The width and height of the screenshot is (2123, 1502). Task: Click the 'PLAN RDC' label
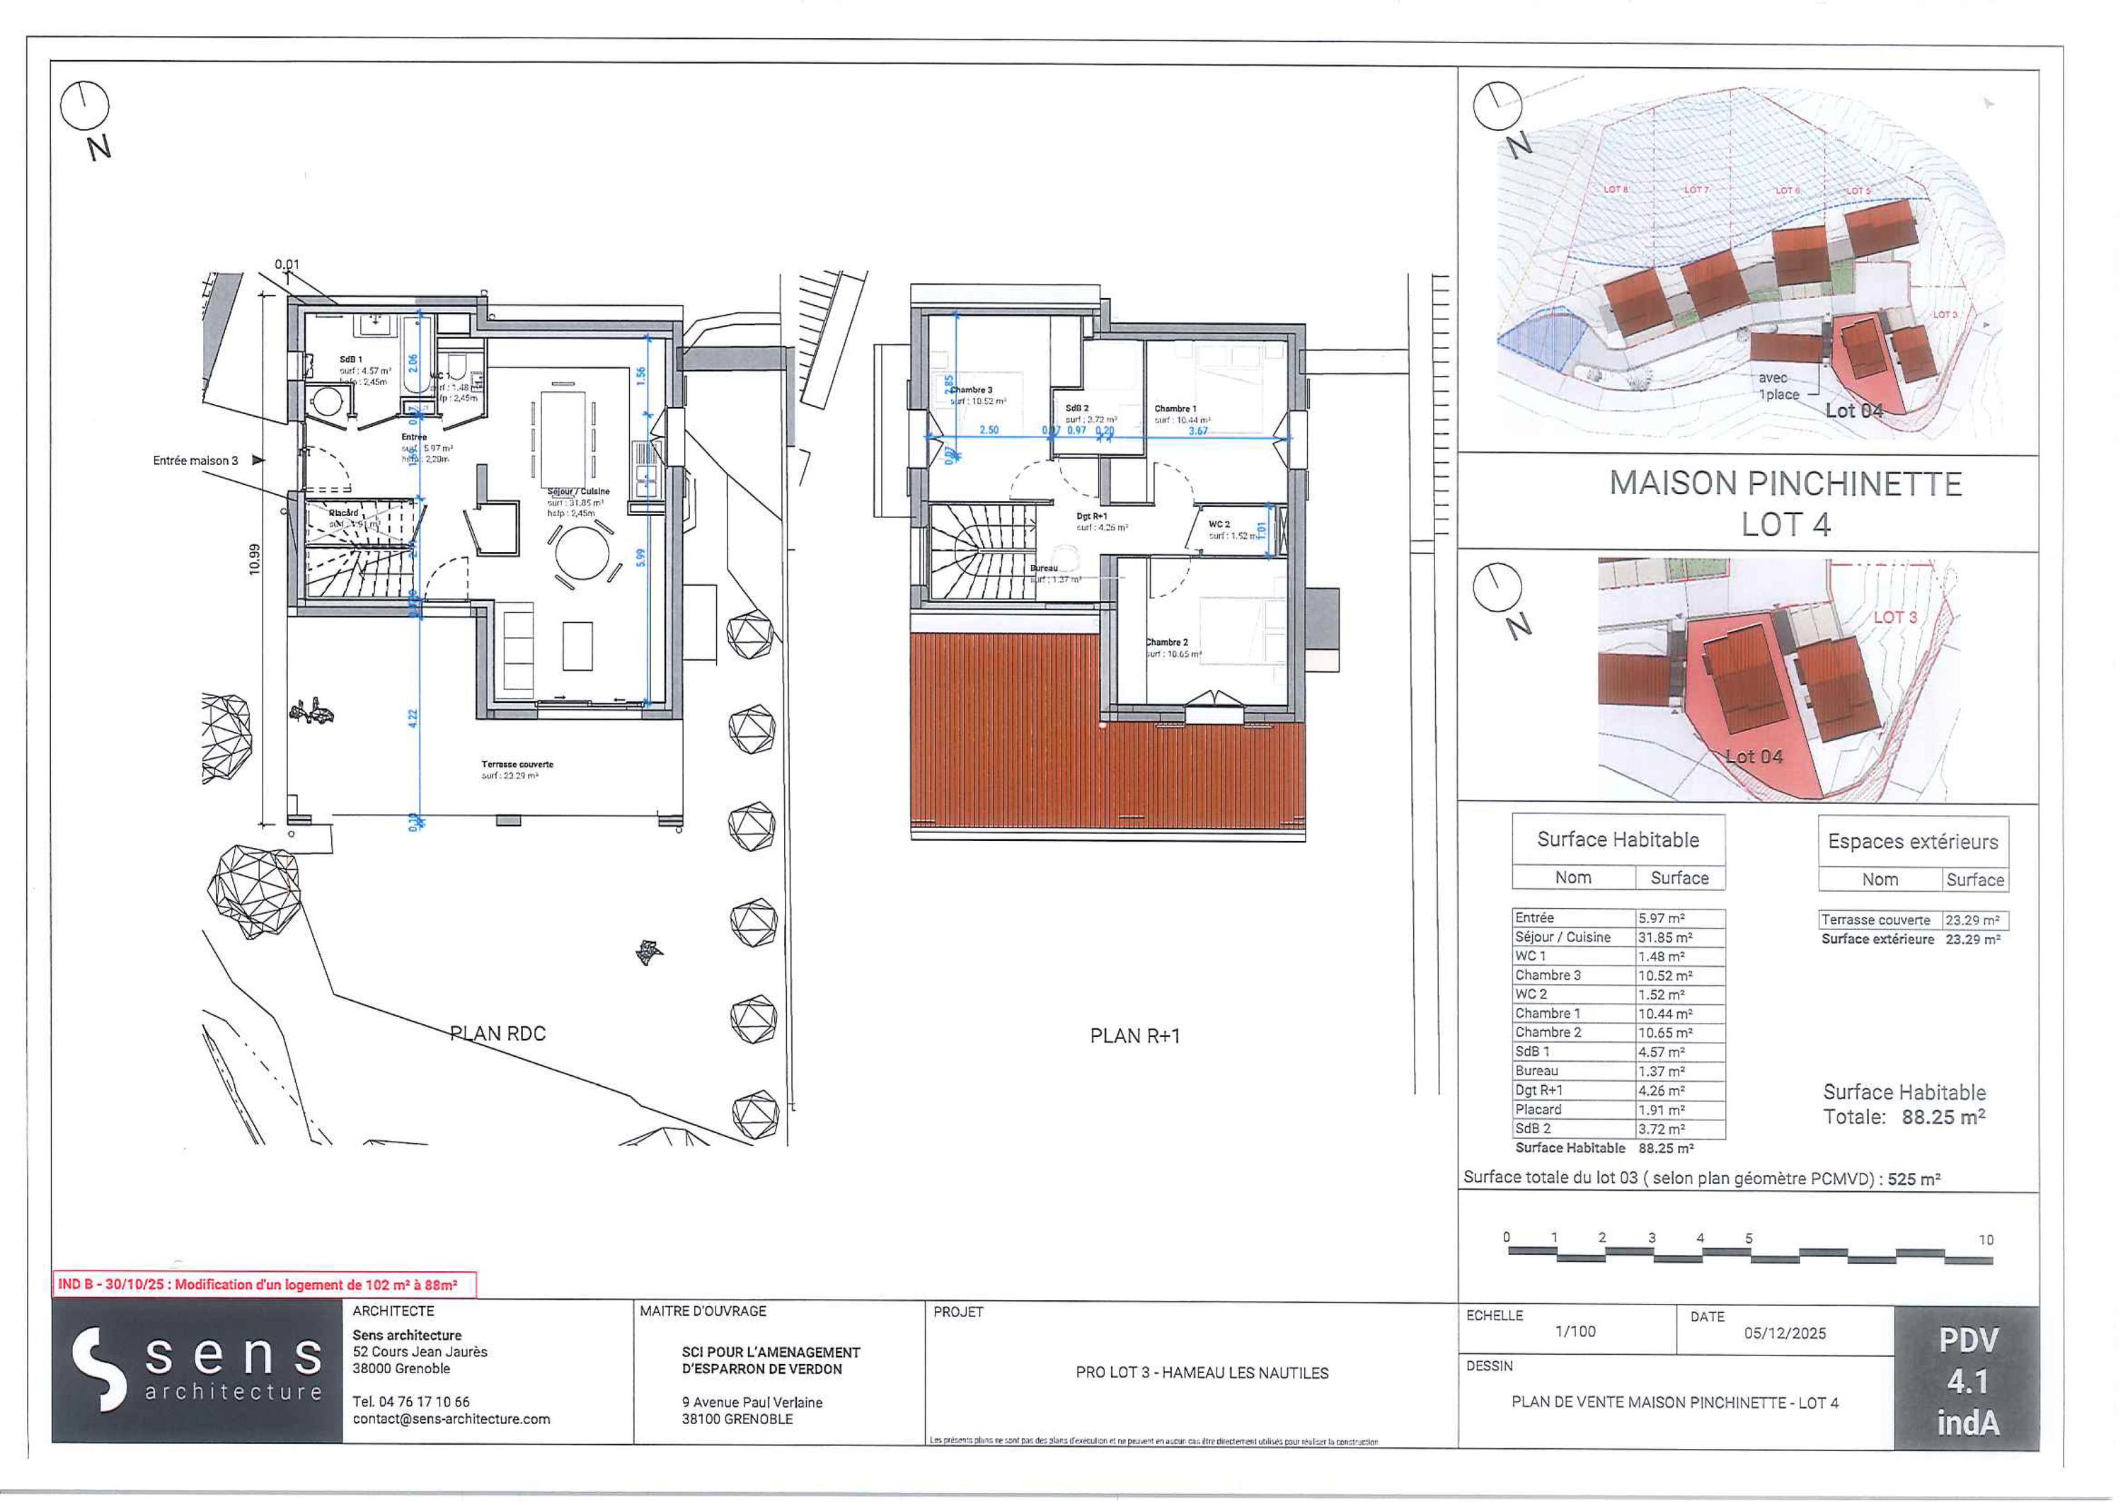(x=497, y=1033)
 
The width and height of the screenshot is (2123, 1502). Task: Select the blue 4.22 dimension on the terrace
(x=413, y=717)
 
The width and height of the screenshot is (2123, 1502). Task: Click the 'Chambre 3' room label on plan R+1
(x=970, y=390)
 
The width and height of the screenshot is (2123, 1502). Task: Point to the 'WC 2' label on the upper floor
(x=1219, y=524)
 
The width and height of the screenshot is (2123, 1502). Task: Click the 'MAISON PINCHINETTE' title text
(x=1785, y=483)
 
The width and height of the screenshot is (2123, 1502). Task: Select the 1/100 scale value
(x=1575, y=1332)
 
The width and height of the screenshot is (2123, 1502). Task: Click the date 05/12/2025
(x=1785, y=1333)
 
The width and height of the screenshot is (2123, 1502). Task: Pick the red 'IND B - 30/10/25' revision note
(x=265, y=1284)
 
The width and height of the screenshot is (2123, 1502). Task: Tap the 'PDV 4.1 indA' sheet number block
(x=1967, y=1380)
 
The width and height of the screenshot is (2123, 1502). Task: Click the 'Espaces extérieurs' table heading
(x=1912, y=842)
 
